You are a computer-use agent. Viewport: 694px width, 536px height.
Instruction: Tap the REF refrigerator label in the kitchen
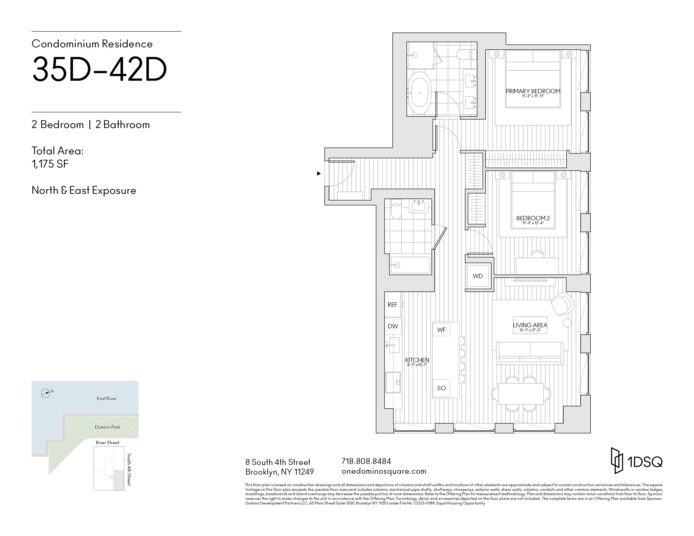coord(392,305)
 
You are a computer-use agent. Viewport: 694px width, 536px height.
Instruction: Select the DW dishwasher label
coord(393,326)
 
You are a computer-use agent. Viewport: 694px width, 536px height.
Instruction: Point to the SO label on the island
coord(441,388)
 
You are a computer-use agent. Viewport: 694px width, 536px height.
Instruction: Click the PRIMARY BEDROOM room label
coord(533,91)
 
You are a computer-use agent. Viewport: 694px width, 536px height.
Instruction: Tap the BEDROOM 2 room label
coord(533,218)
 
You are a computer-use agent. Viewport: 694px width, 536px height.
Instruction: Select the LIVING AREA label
coord(530,325)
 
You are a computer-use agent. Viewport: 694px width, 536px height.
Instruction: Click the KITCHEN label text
coord(417,360)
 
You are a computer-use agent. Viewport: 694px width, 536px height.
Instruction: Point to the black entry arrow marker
coord(319,173)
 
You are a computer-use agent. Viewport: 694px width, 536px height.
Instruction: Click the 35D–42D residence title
coord(99,69)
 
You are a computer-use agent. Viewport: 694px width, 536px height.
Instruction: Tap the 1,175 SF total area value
coord(50,164)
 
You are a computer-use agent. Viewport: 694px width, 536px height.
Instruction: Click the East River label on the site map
coord(107,399)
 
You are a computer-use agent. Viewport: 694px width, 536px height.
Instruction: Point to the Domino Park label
coord(107,427)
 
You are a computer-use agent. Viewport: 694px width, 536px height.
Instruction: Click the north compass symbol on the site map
coord(46,393)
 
